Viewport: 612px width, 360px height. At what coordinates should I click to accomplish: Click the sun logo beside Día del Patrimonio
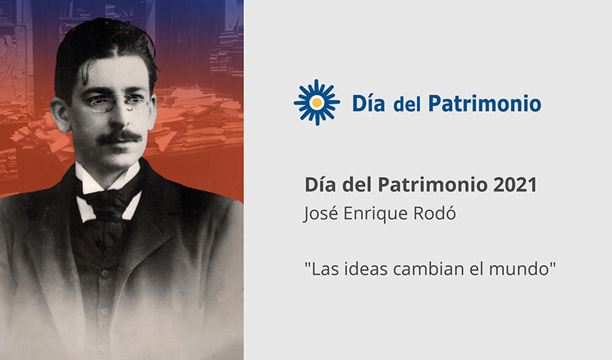[316, 102]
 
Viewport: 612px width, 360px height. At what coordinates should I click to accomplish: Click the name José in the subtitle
[322, 214]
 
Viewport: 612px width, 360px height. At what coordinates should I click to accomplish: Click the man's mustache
[119, 137]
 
